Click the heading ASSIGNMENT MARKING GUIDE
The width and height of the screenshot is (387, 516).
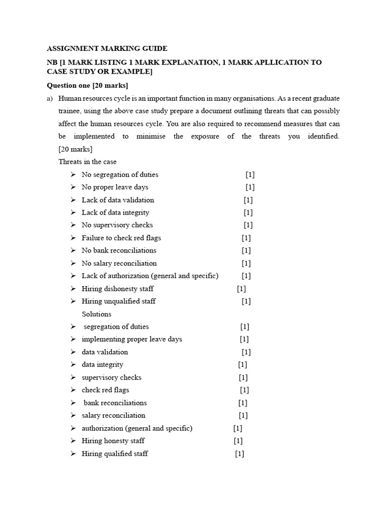[x=107, y=49]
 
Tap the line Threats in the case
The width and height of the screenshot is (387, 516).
[x=87, y=162]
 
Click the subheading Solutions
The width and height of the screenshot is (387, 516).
[x=96, y=314]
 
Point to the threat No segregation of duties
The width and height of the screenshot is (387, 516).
[x=120, y=175]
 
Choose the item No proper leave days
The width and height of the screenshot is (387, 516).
[x=115, y=187]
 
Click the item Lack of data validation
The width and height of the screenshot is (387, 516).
[x=118, y=200]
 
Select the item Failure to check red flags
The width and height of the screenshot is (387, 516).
[x=121, y=238]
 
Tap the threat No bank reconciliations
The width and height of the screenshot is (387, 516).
[x=119, y=250]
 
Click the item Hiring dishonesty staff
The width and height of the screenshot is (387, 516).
[x=118, y=289]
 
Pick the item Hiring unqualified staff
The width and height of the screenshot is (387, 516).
[x=119, y=301]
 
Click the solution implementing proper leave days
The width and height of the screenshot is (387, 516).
[x=132, y=339]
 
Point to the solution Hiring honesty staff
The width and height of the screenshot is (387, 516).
[x=113, y=441]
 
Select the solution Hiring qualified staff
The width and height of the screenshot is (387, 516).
[x=115, y=454]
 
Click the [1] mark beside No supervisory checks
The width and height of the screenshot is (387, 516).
[x=248, y=225]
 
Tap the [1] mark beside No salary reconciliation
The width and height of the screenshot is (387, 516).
[x=246, y=263]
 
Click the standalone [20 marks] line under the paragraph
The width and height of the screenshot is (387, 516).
[x=76, y=149]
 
